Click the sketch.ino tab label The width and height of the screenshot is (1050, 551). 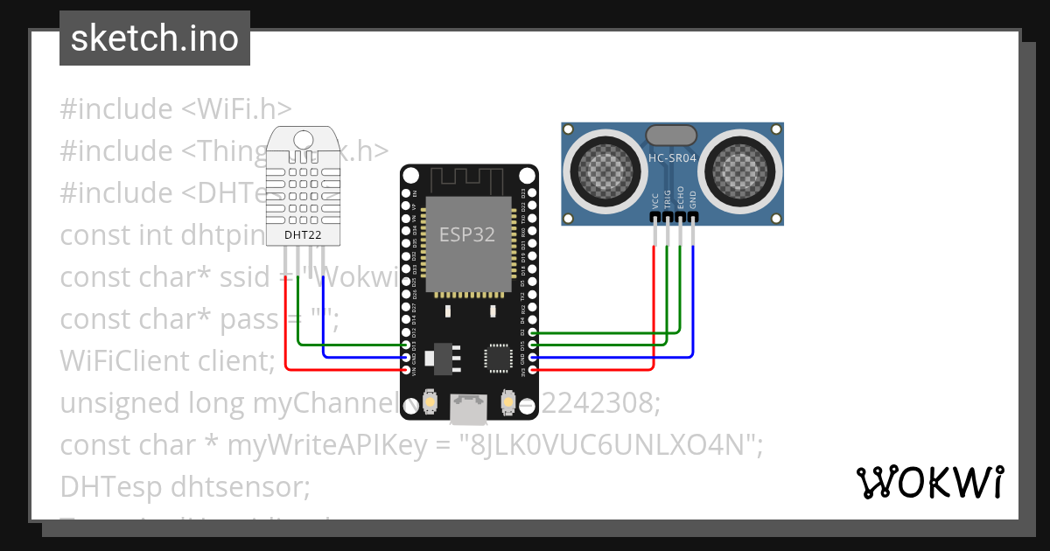pos(155,38)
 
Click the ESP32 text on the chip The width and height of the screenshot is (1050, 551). pos(466,235)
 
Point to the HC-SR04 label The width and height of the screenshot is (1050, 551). pos(672,158)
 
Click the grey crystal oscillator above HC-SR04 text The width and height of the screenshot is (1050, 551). pos(671,135)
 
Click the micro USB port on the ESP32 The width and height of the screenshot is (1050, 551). pos(468,407)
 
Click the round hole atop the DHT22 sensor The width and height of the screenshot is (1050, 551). pos(303,139)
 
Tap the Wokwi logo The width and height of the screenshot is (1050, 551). pos(929,482)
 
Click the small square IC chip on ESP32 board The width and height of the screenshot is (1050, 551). pos(497,357)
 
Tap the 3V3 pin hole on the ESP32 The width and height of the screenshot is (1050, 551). pos(533,370)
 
